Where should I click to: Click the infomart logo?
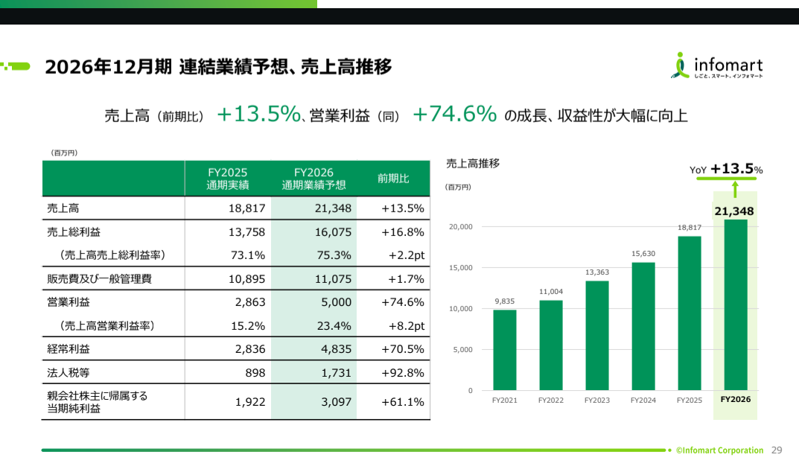pyautogui.click(x=716, y=66)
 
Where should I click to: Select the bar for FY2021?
pyautogui.click(x=505, y=350)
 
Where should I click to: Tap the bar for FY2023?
pyautogui.click(x=597, y=336)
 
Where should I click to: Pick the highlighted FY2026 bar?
pyautogui.click(x=735, y=305)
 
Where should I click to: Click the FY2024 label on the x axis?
pyautogui.click(x=643, y=401)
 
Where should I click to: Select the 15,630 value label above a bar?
pyautogui.click(x=643, y=254)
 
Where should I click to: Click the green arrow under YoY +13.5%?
pyautogui.click(x=735, y=188)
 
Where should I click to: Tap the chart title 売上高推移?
pyautogui.click(x=472, y=163)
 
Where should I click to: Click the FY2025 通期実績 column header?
pyautogui.click(x=227, y=179)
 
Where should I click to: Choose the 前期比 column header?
pyautogui.click(x=393, y=179)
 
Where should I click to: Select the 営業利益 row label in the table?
pyautogui.click(x=69, y=301)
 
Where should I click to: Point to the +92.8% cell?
pyautogui.click(x=402, y=372)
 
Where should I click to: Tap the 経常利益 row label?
pyautogui.click(x=69, y=348)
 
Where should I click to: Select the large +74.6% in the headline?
pyautogui.click(x=454, y=114)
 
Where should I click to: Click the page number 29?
pyautogui.click(x=777, y=450)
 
